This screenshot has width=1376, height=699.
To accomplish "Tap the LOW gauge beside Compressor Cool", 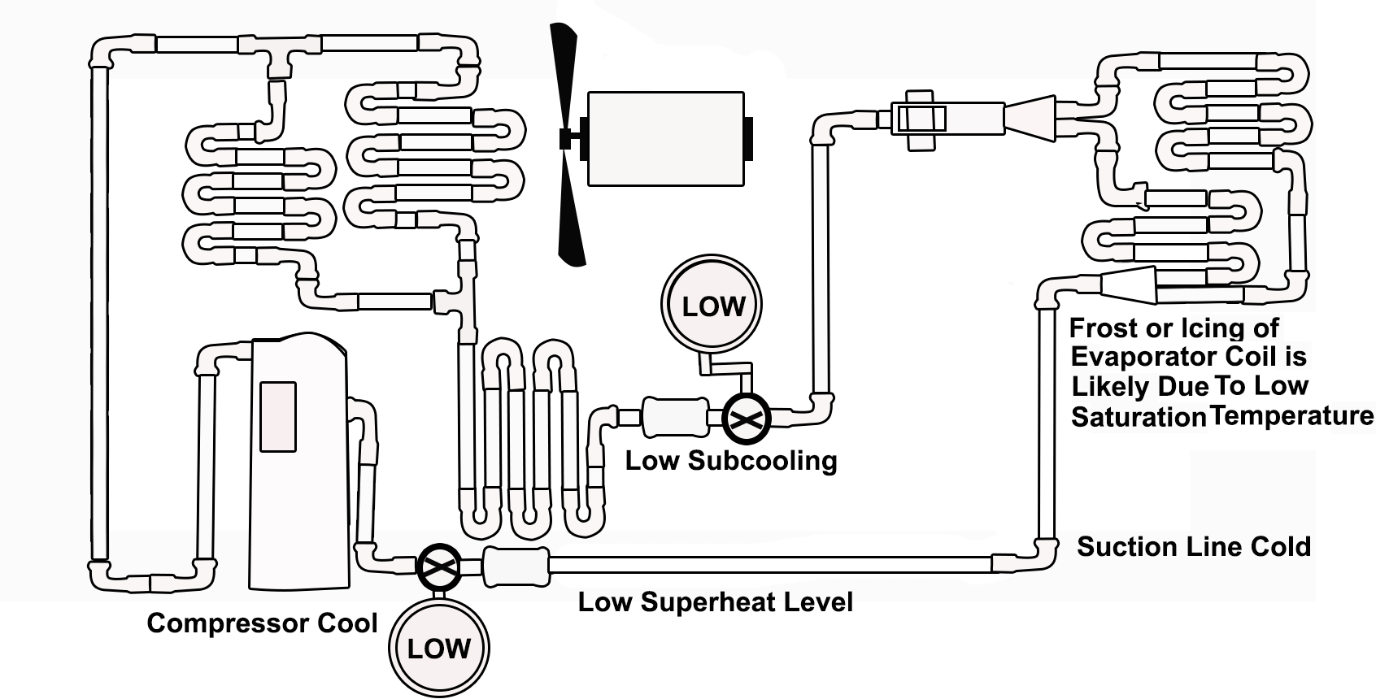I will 439,648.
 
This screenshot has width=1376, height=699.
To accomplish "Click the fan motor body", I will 664,138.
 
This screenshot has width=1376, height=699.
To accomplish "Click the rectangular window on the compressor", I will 278,415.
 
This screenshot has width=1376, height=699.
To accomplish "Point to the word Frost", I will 1104,328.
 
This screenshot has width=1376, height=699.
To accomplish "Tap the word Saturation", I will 1138,417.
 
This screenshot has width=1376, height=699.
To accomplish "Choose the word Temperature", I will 1291,415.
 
